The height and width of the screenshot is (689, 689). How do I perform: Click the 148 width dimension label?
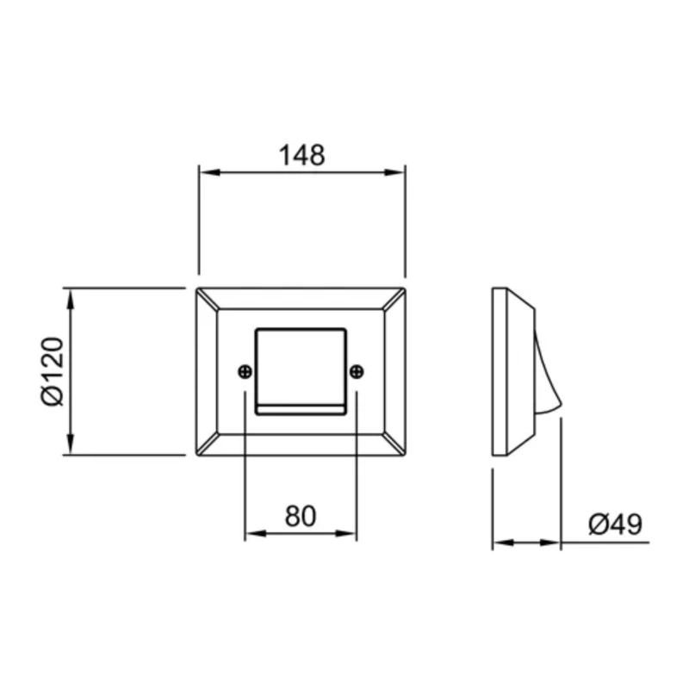coord(301,155)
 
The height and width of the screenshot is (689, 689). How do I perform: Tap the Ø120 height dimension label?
coord(51,371)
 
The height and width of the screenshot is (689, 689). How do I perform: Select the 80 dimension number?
coord(301,516)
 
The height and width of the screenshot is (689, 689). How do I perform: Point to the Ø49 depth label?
coord(615,525)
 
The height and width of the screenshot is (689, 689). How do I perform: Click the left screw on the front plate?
coord(245,371)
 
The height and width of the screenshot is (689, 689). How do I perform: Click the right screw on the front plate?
coord(357,371)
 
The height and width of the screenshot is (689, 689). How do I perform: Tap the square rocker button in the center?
coord(301,366)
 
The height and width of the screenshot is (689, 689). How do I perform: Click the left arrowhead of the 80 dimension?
coord(252,534)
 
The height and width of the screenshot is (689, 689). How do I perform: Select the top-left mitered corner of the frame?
coord(207,298)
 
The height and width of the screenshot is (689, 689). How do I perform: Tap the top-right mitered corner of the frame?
coord(396,298)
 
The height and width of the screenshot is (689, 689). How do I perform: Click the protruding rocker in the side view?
coord(546,370)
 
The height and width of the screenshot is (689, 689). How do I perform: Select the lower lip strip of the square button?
coord(301,408)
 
